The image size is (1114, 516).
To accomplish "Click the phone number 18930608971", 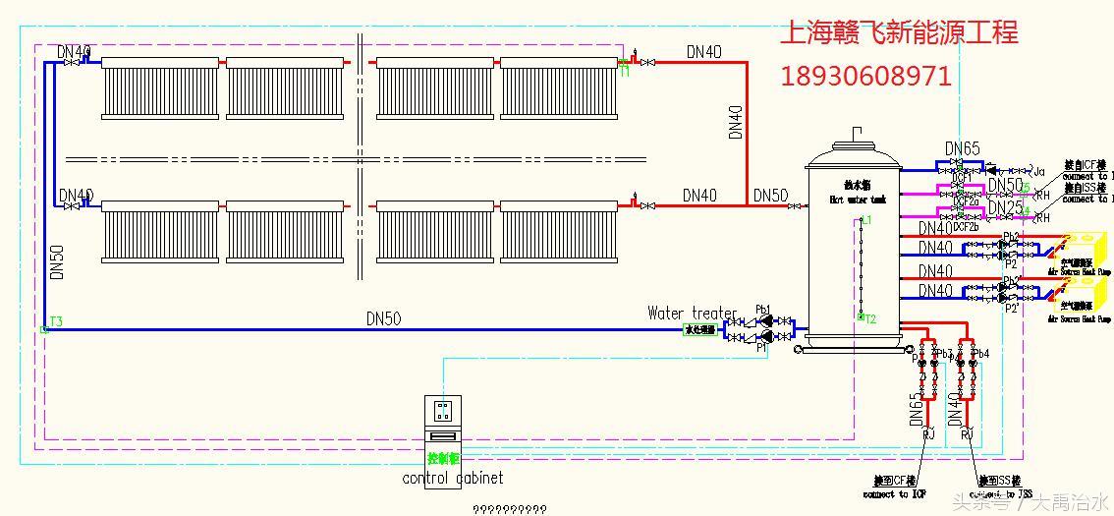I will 865,76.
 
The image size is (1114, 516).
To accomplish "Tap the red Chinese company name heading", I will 898,33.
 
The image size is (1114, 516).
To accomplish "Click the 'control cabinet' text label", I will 453,479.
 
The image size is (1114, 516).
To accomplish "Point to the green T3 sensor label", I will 56,321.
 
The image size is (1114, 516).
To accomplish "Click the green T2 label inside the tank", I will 869,318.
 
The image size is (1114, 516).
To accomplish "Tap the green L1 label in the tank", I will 864,221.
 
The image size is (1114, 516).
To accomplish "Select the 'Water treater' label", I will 692,314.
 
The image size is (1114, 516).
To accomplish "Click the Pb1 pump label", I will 762,309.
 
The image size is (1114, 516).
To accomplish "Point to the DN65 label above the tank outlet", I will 963,149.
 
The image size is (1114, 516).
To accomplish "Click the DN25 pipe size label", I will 1005,208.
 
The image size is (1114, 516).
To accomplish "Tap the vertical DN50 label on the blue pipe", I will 57,263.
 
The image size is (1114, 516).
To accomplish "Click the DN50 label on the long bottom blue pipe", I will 383,318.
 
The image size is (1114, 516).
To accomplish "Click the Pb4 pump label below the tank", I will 979,353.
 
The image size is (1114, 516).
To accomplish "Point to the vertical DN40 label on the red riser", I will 736,122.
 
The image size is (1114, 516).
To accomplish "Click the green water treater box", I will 699,330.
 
